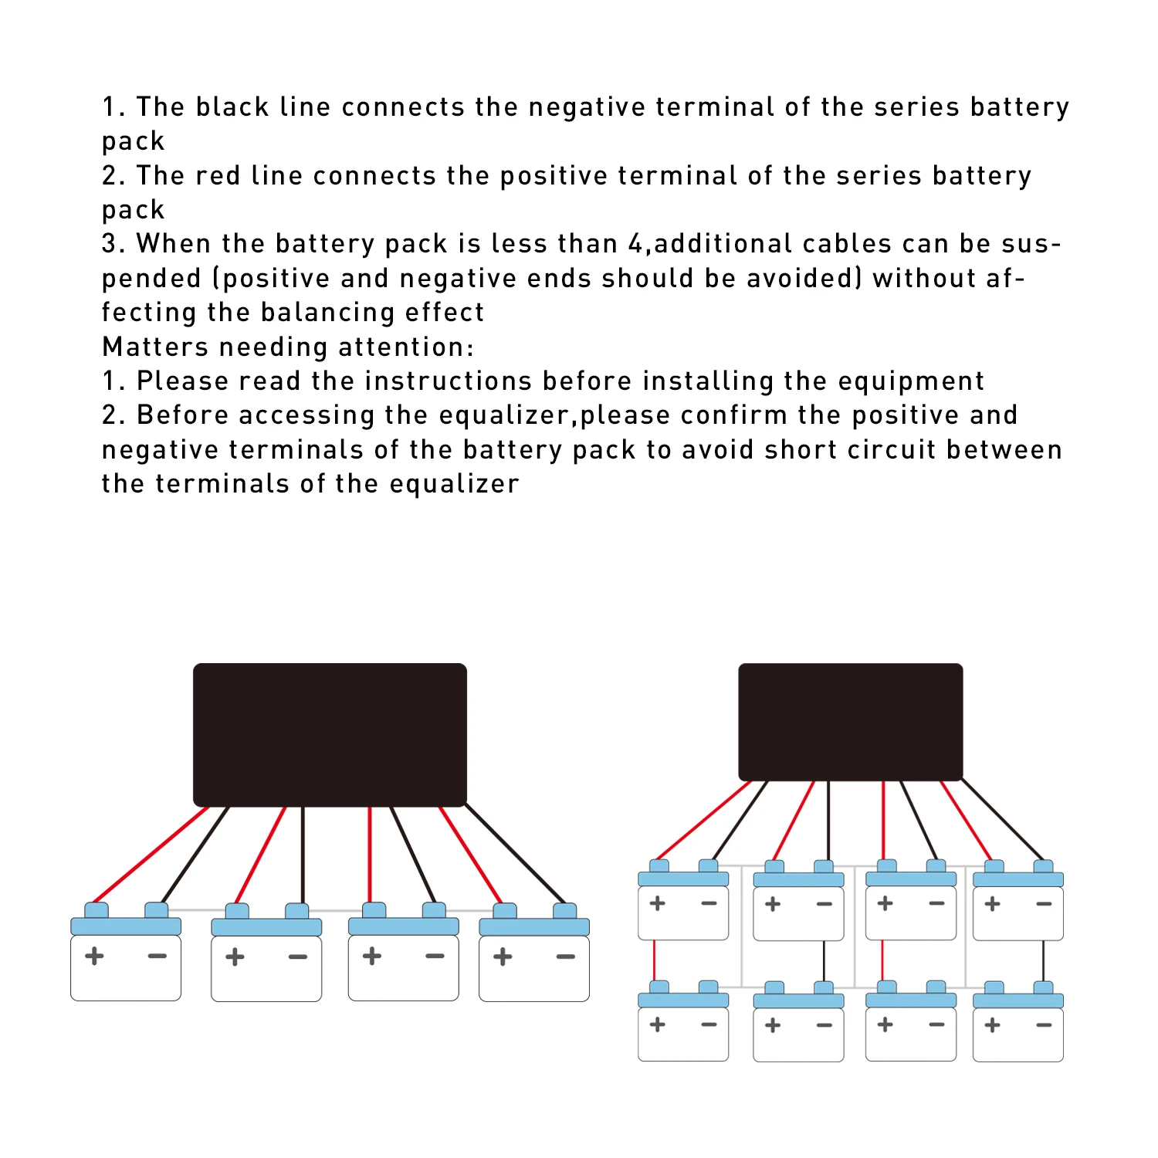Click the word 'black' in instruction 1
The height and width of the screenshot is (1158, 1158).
[232, 107]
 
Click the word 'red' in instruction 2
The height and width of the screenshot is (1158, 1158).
[218, 175]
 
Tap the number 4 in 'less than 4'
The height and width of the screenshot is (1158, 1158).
[635, 244]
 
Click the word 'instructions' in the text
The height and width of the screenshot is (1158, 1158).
[448, 381]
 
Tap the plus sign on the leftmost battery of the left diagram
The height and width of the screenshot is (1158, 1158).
[94, 956]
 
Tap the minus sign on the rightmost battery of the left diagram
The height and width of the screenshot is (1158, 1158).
[566, 957]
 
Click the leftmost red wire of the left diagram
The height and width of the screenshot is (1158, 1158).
[151, 855]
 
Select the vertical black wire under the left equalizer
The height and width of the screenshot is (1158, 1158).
[303, 855]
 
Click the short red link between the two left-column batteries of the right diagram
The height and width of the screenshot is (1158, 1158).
[655, 960]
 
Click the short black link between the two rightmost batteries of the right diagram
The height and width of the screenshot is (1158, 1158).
[1043, 960]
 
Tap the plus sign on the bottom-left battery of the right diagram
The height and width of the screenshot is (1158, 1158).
[658, 1024]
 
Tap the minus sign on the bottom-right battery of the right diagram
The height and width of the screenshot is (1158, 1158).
[1044, 1025]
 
